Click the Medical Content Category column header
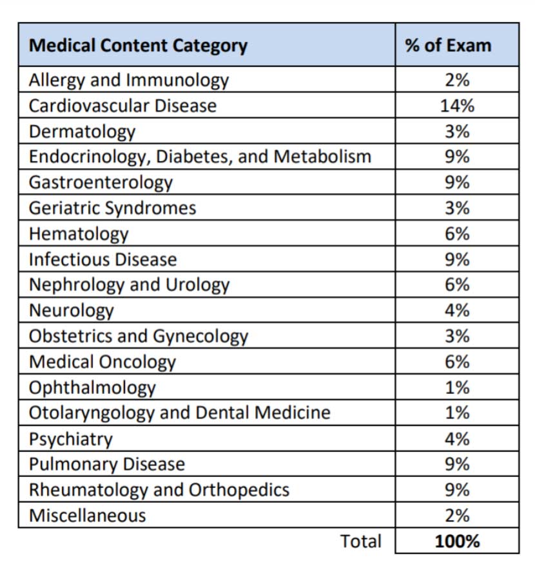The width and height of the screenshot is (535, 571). click(x=138, y=46)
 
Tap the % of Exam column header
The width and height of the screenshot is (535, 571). click(x=448, y=46)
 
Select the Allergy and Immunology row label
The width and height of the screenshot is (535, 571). click(x=129, y=80)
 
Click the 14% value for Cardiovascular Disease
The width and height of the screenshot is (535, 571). click(x=457, y=106)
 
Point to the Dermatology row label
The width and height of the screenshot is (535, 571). click(x=82, y=132)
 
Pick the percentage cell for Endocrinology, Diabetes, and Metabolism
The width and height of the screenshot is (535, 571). click(x=457, y=156)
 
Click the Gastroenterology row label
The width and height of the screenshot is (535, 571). click(x=101, y=183)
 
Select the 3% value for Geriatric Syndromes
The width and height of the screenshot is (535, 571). click(x=457, y=208)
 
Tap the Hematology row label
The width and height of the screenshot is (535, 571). click(x=79, y=234)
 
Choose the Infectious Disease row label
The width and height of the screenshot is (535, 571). click(x=103, y=259)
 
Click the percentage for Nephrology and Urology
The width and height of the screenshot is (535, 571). click(x=457, y=285)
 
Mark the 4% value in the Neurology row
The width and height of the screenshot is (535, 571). click(x=457, y=311)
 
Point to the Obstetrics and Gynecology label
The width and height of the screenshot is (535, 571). click(x=139, y=337)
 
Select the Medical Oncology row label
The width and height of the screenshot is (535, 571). click(x=102, y=362)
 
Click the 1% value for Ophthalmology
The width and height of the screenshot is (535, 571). click(x=457, y=388)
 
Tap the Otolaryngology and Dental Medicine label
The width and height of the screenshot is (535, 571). click(x=179, y=413)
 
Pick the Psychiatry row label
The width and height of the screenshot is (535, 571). click(x=71, y=439)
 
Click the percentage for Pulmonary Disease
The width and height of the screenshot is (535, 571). click(x=457, y=464)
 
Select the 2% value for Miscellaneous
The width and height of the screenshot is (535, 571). click(x=457, y=516)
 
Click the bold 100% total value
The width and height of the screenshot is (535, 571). click(x=457, y=541)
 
